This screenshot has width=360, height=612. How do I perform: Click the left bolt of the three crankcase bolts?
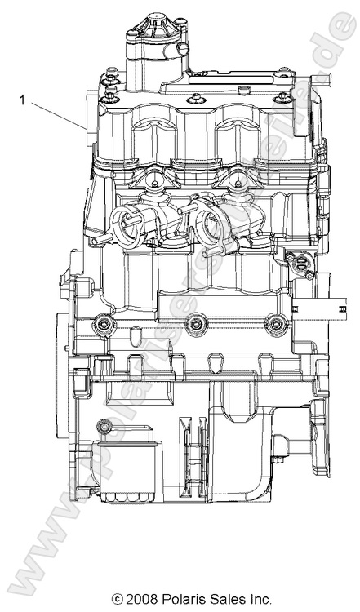point(103,326)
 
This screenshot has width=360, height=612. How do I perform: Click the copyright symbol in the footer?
point(118,600)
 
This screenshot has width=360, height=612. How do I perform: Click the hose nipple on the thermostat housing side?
point(184,51)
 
